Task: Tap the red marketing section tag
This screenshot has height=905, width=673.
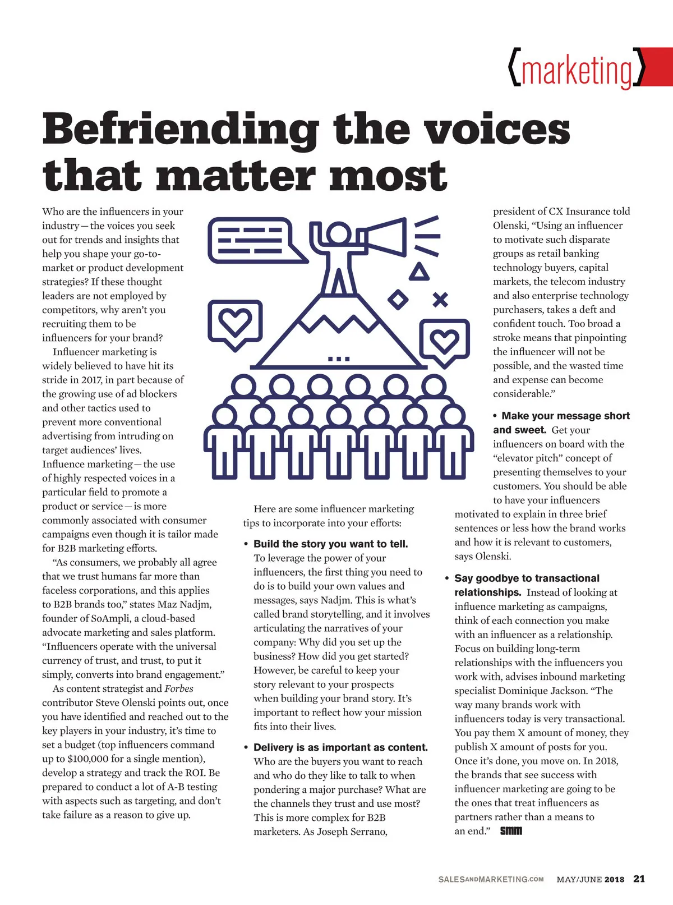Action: pos(578,70)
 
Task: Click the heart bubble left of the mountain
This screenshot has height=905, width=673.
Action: pos(235,323)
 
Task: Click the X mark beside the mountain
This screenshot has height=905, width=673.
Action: pos(440,300)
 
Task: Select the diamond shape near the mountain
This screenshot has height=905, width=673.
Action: pos(398,299)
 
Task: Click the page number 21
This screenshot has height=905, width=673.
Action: pos(639,879)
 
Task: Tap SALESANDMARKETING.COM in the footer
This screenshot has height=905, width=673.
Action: pos(491,879)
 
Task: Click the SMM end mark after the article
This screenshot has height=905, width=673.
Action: pos(511,830)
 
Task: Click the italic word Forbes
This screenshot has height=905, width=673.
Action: pos(179,688)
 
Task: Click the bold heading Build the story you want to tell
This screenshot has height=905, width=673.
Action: pos(330,544)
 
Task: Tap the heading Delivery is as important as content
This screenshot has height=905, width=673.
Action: pos(340,747)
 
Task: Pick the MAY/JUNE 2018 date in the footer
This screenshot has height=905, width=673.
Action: pos(590,879)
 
